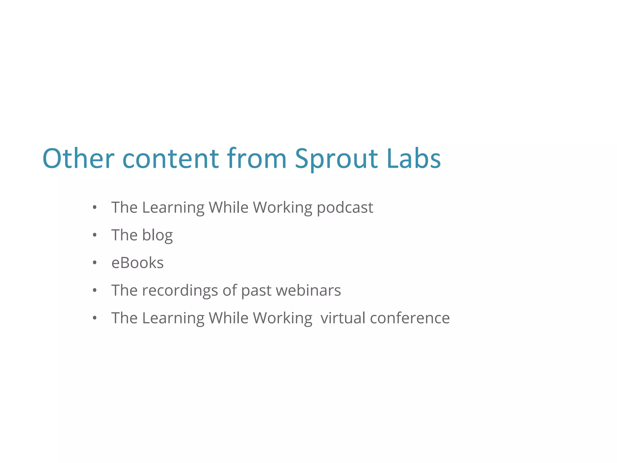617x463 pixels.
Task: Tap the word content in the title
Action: [171, 159]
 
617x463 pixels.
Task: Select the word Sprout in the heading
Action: [336, 159]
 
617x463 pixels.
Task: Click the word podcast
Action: [345, 208]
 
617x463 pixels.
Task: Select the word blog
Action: [157, 235]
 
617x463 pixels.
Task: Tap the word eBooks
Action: [137, 263]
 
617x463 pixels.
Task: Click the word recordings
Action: [180, 291]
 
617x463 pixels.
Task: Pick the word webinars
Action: [308, 291]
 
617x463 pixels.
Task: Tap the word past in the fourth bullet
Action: [256, 291]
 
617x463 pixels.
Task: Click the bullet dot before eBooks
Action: [95, 263]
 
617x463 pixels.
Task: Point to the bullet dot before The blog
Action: [95, 235]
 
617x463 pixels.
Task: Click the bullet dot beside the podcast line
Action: [95, 207]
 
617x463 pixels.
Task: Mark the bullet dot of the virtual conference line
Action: [95, 318]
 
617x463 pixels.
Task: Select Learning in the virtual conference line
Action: [173, 318]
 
